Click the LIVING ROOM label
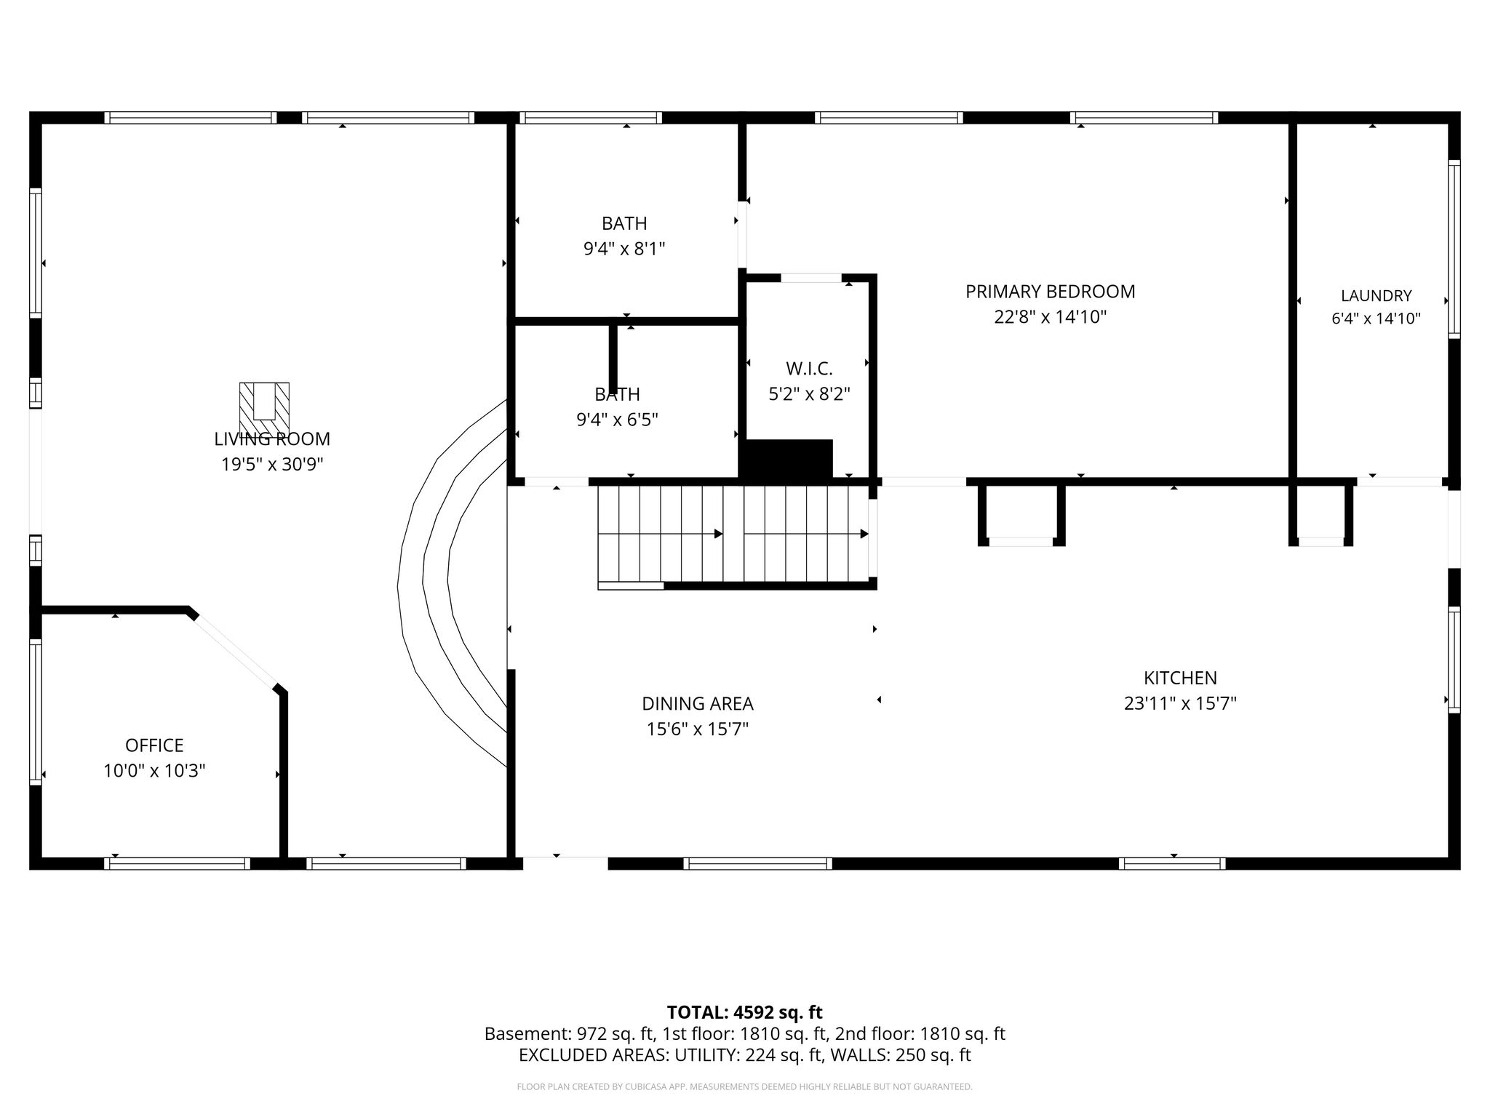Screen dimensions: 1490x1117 coord(272,439)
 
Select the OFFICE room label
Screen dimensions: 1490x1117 coord(154,745)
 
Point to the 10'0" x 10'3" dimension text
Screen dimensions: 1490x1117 coord(154,771)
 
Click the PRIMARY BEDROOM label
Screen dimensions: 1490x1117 coord(1050,292)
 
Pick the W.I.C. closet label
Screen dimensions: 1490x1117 coord(809,369)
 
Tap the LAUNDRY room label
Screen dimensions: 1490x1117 coord(1376,296)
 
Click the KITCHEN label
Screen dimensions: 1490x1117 coord(1180,678)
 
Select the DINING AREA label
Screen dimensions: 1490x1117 coord(698,704)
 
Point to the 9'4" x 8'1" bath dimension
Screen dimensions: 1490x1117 coord(624,249)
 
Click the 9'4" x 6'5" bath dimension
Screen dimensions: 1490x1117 coord(617,420)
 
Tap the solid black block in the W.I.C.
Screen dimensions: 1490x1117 coord(786,460)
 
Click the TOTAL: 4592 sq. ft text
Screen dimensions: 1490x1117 coord(744,1012)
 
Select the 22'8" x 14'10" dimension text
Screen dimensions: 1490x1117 coord(1050,317)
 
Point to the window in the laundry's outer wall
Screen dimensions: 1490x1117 coord(1454,249)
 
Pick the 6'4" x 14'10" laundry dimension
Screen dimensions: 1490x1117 coord(1376,319)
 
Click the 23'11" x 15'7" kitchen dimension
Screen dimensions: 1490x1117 coord(1180,704)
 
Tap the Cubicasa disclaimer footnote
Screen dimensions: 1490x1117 coord(744,1087)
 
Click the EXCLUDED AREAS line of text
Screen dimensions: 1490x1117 coord(744,1055)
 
